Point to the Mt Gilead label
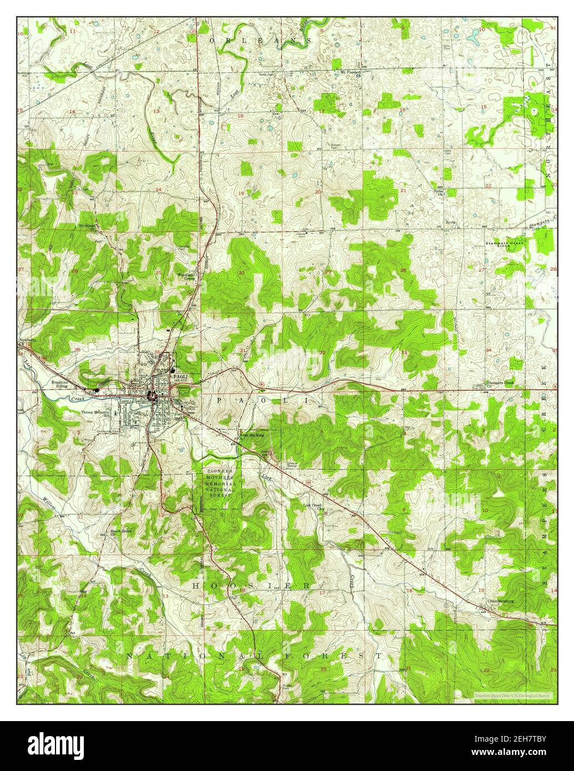tap(87, 226)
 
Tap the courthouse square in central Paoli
tap(151, 395)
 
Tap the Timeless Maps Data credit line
tap(511, 694)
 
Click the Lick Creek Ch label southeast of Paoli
tap(313, 505)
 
